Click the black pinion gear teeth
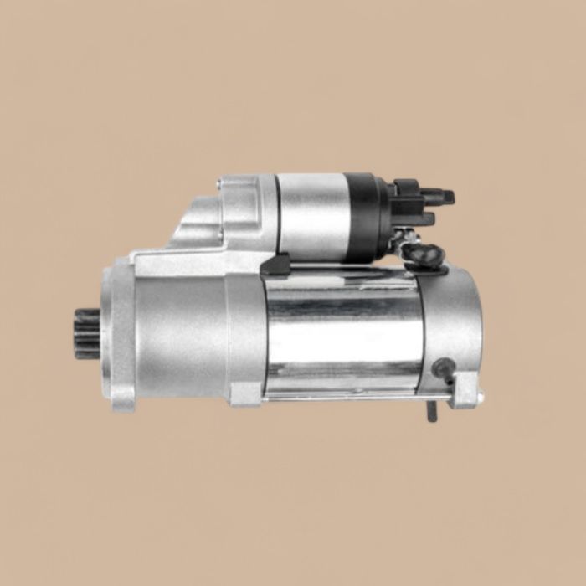[86, 333]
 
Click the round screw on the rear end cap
[444, 367]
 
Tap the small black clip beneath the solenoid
[275, 266]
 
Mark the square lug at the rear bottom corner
[465, 393]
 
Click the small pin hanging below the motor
[432, 410]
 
